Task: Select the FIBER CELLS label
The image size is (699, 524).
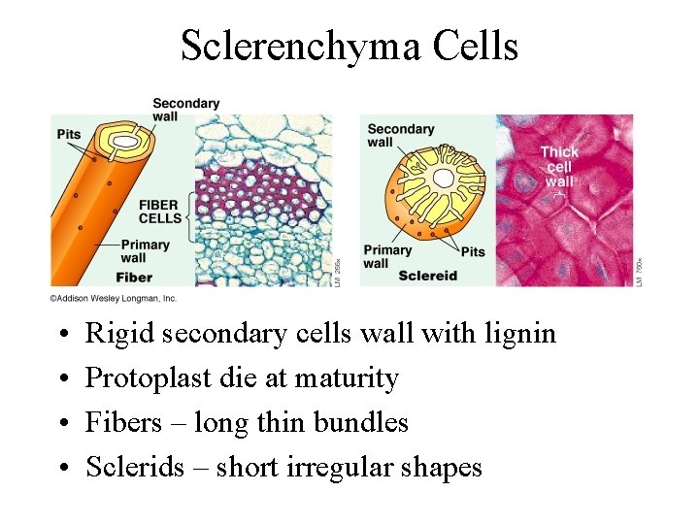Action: pyautogui.click(x=160, y=212)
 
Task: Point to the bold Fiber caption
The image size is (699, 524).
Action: pyautogui.click(x=135, y=278)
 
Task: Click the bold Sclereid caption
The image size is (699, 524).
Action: pyautogui.click(x=426, y=276)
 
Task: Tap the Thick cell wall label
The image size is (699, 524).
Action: pyautogui.click(x=559, y=166)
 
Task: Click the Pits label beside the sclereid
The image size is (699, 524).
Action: pyautogui.click(x=473, y=252)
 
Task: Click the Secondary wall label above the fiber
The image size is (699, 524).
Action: pyautogui.click(x=185, y=110)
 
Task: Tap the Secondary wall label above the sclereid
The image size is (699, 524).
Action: pyautogui.click(x=400, y=135)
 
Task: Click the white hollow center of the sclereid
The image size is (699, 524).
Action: pyautogui.click(x=444, y=179)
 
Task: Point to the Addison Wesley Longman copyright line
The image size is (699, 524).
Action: pyautogui.click(x=114, y=298)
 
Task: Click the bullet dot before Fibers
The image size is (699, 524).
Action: pyautogui.click(x=61, y=424)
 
